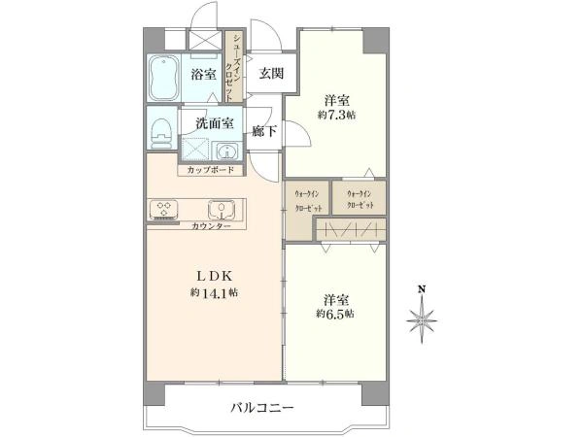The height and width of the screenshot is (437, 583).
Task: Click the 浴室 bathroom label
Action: pos(203,75)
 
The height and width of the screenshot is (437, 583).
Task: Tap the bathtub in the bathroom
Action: pos(161,79)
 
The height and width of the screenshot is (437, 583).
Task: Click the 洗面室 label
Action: pos(214,123)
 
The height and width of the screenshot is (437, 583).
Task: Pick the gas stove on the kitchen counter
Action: pos(162,209)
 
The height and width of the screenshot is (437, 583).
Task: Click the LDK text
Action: pos(214,275)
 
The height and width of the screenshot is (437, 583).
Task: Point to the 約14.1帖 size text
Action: pos(214,292)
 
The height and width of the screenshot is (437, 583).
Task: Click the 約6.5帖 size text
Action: pos(335,314)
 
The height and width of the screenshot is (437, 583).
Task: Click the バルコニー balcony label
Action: pos(261,408)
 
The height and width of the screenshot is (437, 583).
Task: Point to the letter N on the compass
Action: pos(422,289)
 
